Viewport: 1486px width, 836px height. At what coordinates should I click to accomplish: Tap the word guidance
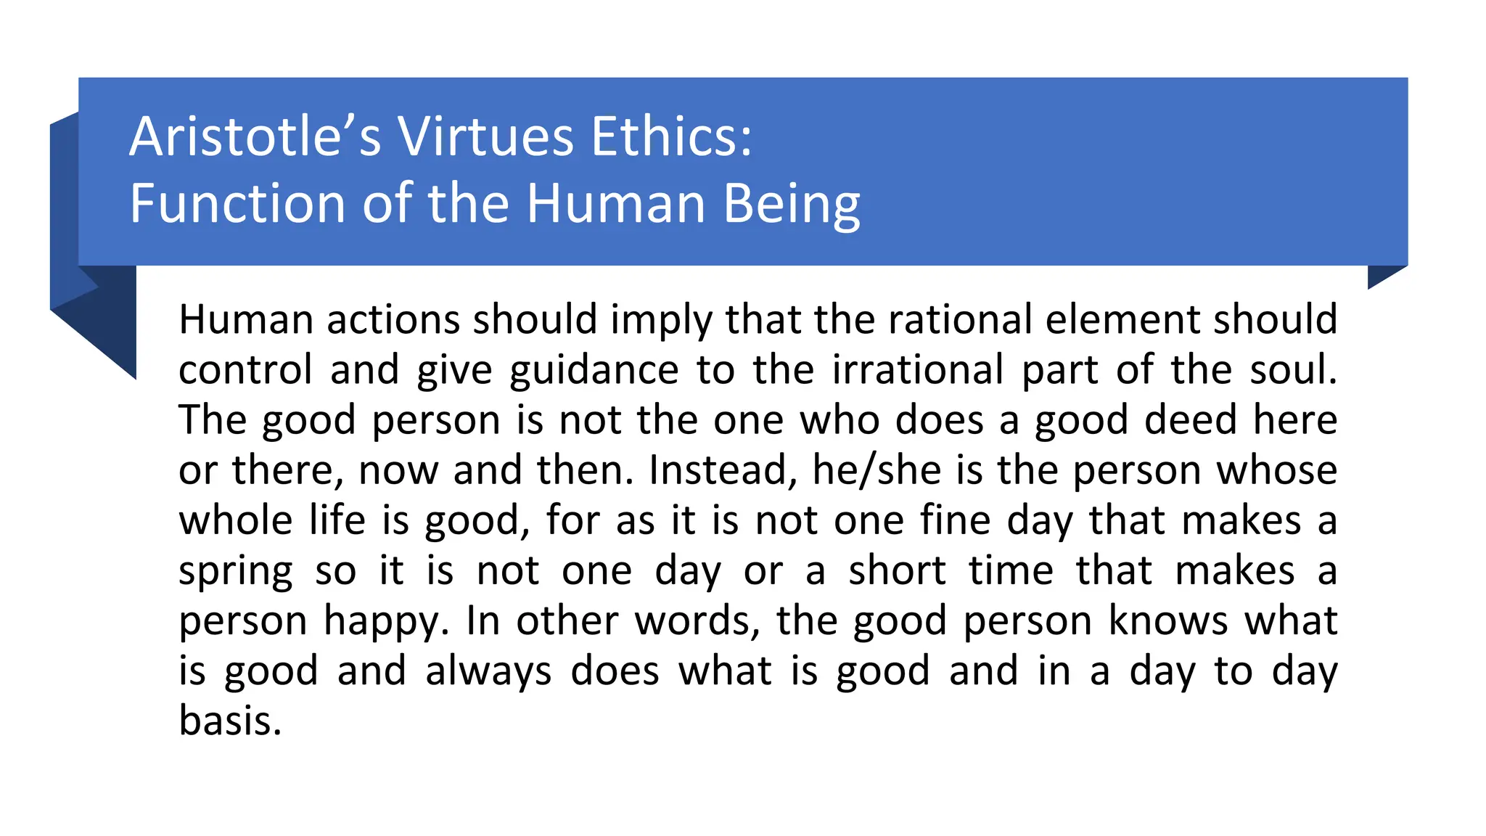(x=594, y=370)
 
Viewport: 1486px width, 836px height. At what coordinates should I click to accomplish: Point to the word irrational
(x=917, y=369)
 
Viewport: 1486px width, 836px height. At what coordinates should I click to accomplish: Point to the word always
(x=488, y=671)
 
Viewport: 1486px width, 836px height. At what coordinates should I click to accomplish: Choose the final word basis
(x=229, y=721)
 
